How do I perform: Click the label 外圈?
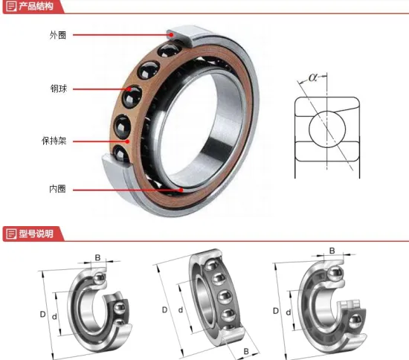coord(57,35)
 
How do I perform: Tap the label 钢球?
coord(57,89)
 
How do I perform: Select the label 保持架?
coord(54,140)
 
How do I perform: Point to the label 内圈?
coord(57,189)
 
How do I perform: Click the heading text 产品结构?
coord(36,7)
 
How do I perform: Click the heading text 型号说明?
coord(36,235)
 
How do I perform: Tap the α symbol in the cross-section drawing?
coord(313,76)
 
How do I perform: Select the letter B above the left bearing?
coord(97,257)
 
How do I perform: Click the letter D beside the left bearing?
coord(43,314)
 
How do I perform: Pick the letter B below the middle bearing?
coord(245,351)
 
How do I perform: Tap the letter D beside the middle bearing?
coord(164,309)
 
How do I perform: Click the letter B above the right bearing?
coord(332,251)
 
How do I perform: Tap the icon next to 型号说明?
coord(10,235)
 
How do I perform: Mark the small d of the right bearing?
coord(287,313)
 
